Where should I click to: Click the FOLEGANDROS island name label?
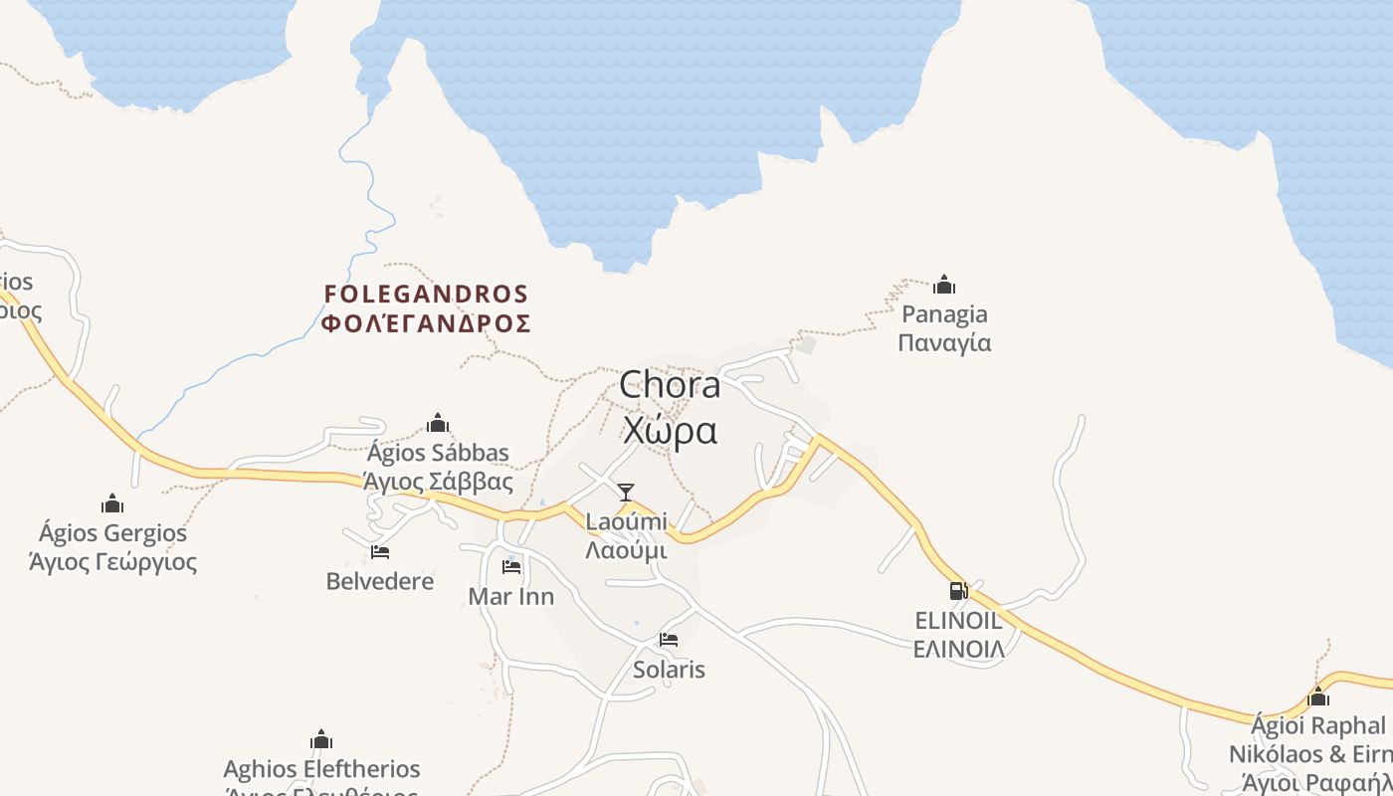(x=426, y=294)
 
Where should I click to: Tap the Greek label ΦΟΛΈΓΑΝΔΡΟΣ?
(x=426, y=323)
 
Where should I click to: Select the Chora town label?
(x=670, y=385)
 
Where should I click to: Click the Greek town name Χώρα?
(x=670, y=430)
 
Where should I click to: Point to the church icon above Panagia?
(x=944, y=286)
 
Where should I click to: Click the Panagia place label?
(x=944, y=314)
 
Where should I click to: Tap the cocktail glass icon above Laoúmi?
(x=626, y=492)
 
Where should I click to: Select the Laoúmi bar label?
(x=626, y=520)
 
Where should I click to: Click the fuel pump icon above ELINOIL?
(x=958, y=591)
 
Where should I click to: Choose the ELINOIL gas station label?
(x=958, y=621)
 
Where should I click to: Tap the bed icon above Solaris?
(x=669, y=640)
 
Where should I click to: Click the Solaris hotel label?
(x=669, y=670)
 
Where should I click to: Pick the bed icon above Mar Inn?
(x=511, y=567)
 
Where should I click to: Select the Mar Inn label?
(x=511, y=597)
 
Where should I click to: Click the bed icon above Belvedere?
(x=380, y=552)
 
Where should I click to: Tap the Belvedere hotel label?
(x=380, y=581)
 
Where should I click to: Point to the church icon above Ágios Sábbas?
(x=437, y=424)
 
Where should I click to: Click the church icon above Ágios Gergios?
(x=112, y=503)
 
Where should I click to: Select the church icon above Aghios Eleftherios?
(x=320, y=739)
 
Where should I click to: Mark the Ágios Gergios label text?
(x=112, y=532)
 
